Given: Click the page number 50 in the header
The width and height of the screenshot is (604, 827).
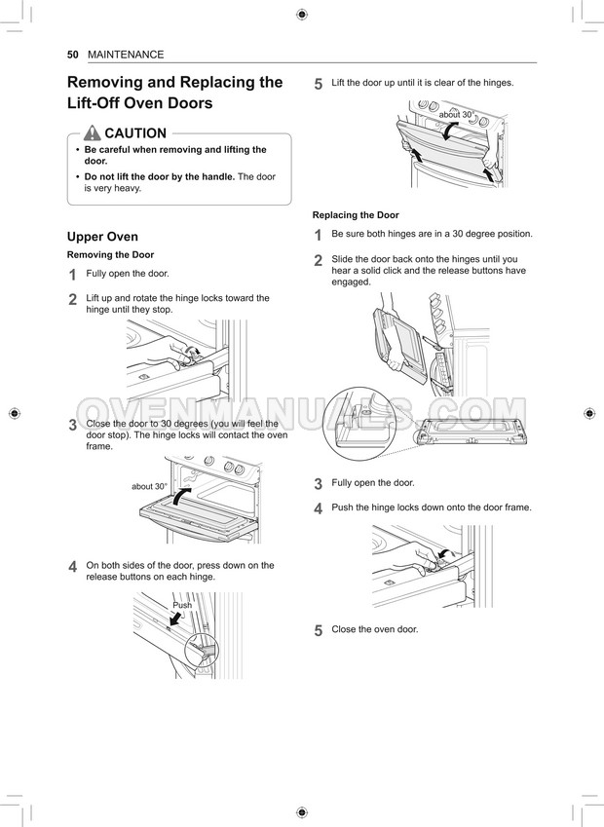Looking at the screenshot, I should pos(72,55).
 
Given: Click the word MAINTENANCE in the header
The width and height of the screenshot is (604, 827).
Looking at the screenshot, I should pos(126,55).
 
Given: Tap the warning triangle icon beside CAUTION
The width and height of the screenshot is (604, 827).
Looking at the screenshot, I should pos(93,133).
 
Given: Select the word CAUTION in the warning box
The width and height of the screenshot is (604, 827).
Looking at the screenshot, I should pos(135,133).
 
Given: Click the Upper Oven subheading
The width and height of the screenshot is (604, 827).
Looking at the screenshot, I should pos(102,237).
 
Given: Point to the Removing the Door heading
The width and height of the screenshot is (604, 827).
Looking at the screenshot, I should pos(110,254).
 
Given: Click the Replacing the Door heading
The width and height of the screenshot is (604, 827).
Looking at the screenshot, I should pos(356,215).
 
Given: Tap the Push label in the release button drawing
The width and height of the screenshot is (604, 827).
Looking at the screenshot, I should pos(182,605).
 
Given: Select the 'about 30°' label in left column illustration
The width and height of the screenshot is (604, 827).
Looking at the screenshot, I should pos(149,486).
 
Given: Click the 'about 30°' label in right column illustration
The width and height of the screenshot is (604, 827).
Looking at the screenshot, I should pos(456,115).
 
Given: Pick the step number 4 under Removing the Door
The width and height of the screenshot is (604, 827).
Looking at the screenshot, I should pos(73,567).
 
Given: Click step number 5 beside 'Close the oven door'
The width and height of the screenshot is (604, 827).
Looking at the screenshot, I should pos(319,630).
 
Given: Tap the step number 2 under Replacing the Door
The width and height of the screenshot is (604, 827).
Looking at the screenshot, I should pos(319,260).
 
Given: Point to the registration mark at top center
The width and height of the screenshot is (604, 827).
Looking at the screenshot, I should pos(302,14).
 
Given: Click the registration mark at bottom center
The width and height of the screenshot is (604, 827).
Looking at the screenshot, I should pos(302,811).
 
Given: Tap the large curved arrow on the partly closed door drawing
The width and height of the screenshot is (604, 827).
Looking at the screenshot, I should pos(181,500).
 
